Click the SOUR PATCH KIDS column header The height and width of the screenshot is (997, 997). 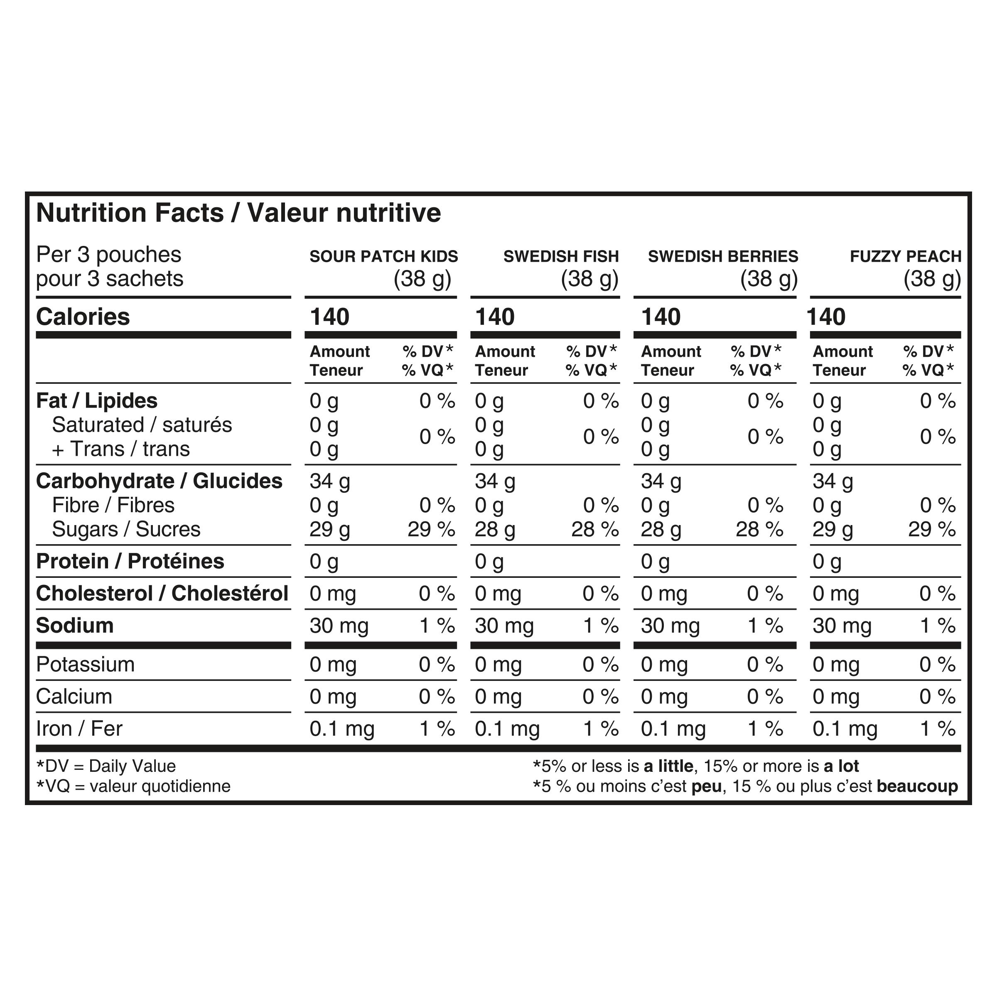pos(383,256)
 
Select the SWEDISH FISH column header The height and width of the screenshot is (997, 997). pos(561,256)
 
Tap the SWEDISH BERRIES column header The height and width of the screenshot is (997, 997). pos(722,256)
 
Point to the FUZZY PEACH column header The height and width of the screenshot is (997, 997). pos(905,256)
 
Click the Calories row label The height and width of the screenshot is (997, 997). pos(83,317)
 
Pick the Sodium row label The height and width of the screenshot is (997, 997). pos(75,626)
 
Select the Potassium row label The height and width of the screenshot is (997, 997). pos(85,664)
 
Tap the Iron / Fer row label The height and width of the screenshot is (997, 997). pos(79,729)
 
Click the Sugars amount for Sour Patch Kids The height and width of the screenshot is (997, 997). pos(329,530)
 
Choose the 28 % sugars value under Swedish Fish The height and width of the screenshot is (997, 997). pos(594,530)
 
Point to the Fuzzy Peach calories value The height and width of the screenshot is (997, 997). pos(826,317)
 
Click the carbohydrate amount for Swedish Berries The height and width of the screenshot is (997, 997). pos(661,481)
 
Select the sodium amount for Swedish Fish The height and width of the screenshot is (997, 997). pos(504,626)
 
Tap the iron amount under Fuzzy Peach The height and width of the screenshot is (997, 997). pos(845,729)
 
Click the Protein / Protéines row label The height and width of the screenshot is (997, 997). pos(130,562)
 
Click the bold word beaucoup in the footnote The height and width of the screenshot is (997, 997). pos(917,786)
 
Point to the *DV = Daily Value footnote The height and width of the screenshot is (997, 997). pos(106,766)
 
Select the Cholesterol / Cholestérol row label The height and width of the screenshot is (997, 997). pos(162,594)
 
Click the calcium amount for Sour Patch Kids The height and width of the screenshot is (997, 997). pos(333,697)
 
